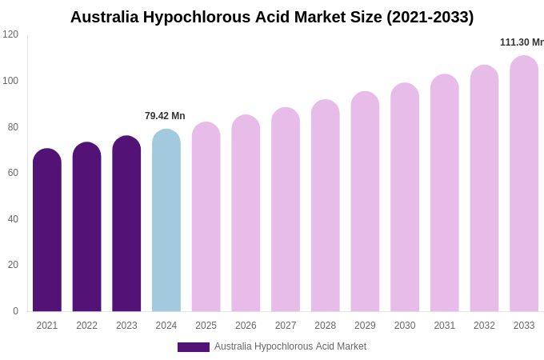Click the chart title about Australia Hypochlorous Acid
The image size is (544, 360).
pyautogui.click(x=272, y=17)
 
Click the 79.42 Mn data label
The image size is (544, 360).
pyautogui.click(x=165, y=116)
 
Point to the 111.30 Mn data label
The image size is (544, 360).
pyautogui.click(x=521, y=42)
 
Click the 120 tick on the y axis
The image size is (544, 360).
pyautogui.click(x=10, y=34)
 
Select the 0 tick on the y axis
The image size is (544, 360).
pyautogui.click(x=15, y=311)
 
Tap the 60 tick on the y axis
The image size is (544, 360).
pyautogui.click(x=13, y=173)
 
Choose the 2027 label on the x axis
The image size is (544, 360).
pyautogui.click(x=286, y=326)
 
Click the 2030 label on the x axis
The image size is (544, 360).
pyautogui.click(x=405, y=326)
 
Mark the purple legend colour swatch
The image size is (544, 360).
pyautogui.click(x=194, y=347)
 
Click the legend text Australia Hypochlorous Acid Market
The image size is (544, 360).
pyautogui.click(x=290, y=346)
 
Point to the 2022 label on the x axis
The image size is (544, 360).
pyautogui.click(x=86, y=326)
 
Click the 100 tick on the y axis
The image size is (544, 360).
pyautogui.click(x=10, y=81)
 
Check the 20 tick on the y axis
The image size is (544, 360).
pyautogui.click(x=13, y=265)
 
